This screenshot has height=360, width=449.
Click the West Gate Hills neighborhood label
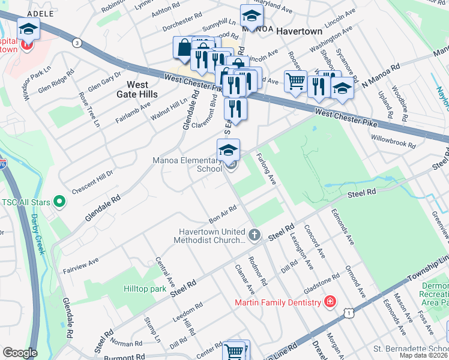(x=133, y=89)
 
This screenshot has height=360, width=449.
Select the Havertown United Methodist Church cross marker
(x=255, y=235)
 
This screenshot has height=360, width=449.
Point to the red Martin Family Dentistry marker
(x=330, y=302)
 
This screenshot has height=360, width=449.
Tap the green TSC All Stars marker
(x=59, y=202)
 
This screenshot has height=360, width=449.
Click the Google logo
(x=20, y=353)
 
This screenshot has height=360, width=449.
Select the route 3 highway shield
(x=76, y=42)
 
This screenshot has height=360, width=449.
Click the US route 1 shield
(x=348, y=313)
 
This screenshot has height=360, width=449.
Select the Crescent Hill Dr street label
(x=92, y=182)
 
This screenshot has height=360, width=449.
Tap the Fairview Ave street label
(x=85, y=263)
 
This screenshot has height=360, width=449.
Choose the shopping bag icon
(x=183, y=47)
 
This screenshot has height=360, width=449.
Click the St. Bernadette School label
(x=410, y=349)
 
